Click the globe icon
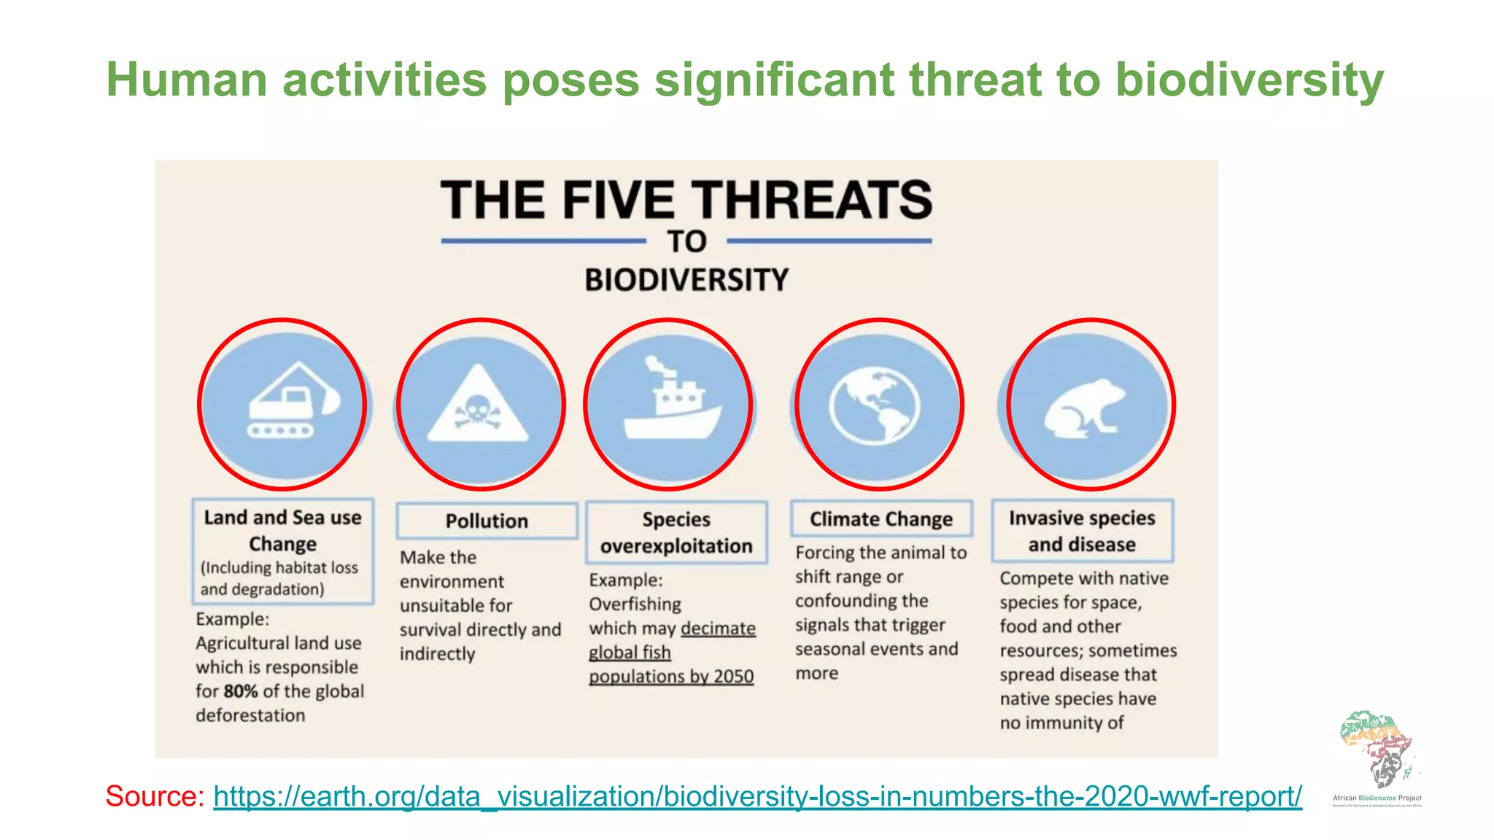pyautogui.click(x=875, y=406)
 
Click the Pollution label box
pyautogui.click(x=487, y=521)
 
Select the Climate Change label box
pyautogui.click(x=881, y=518)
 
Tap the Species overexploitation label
pyautogui.click(x=676, y=532)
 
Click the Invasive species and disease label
pyautogui.click(x=1082, y=531)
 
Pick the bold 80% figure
pyautogui.click(x=240, y=691)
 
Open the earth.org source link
pyautogui.click(x=757, y=796)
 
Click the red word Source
pyautogui.click(x=154, y=796)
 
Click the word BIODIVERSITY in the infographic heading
pyautogui.click(x=686, y=280)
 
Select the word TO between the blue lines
pyautogui.click(x=686, y=241)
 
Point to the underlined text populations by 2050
pyautogui.click(x=671, y=677)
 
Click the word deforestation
pyautogui.click(x=250, y=715)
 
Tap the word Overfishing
pyautogui.click(x=635, y=604)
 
